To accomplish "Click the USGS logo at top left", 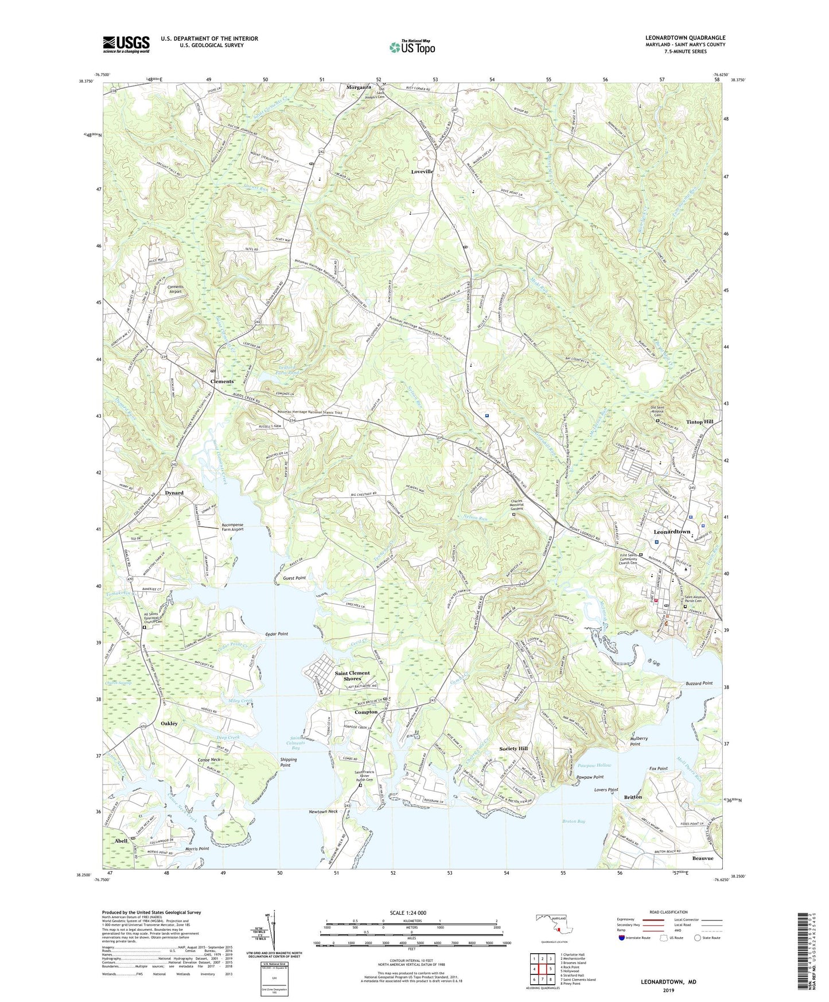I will pos(126,44).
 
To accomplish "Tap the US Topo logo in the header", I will pos(412,47).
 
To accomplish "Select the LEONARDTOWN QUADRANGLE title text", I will pos(684,38).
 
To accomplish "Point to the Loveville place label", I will pos(426,172).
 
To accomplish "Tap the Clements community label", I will pos(222,382).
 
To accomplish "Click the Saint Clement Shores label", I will pos(352,675).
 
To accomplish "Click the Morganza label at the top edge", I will pos(361,87).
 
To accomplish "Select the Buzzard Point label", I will pos(699,683).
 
